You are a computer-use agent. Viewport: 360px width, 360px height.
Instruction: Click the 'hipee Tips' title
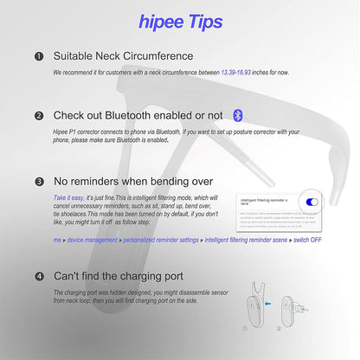point(179,22)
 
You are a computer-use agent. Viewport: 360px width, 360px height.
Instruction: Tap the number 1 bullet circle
point(38,57)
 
